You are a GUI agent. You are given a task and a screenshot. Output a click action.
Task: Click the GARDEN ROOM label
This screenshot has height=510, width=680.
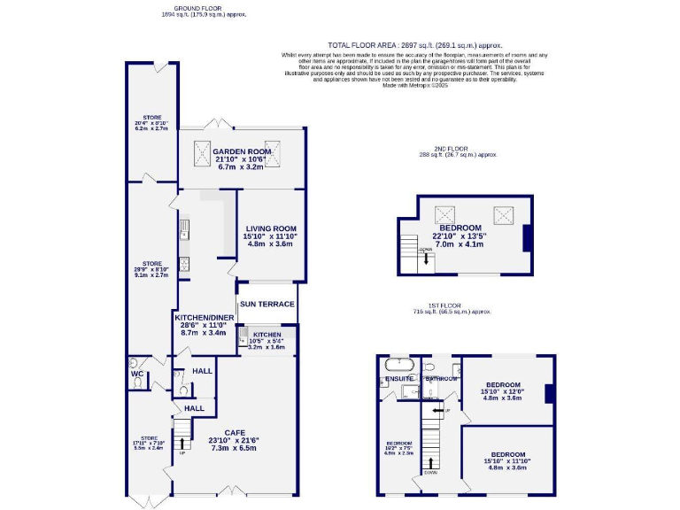click(x=241, y=151)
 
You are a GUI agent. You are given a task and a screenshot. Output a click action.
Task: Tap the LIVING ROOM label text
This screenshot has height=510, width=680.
click(x=271, y=228)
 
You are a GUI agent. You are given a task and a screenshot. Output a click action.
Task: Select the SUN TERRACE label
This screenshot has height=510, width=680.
click(x=267, y=304)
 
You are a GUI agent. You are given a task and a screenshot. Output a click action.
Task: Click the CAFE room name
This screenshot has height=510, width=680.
click(x=235, y=432)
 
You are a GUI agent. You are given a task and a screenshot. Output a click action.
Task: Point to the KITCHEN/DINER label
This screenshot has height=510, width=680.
click(x=205, y=316)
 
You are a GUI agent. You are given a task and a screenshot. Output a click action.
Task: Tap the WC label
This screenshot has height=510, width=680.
click(x=136, y=375)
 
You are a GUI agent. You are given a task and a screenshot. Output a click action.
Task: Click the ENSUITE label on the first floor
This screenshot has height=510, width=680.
click(x=399, y=379)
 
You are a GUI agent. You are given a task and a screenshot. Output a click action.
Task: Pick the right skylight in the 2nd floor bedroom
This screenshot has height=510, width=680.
click(x=506, y=213)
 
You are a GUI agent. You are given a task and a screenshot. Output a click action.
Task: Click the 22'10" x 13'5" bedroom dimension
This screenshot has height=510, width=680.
click(x=460, y=236)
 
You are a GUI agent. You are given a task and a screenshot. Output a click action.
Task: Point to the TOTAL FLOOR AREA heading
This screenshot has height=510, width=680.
click(x=414, y=44)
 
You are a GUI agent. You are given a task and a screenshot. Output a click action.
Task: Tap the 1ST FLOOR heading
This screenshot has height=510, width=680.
click(x=451, y=305)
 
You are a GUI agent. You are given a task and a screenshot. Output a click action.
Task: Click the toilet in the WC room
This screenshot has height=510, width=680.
click(x=133, y=362)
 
